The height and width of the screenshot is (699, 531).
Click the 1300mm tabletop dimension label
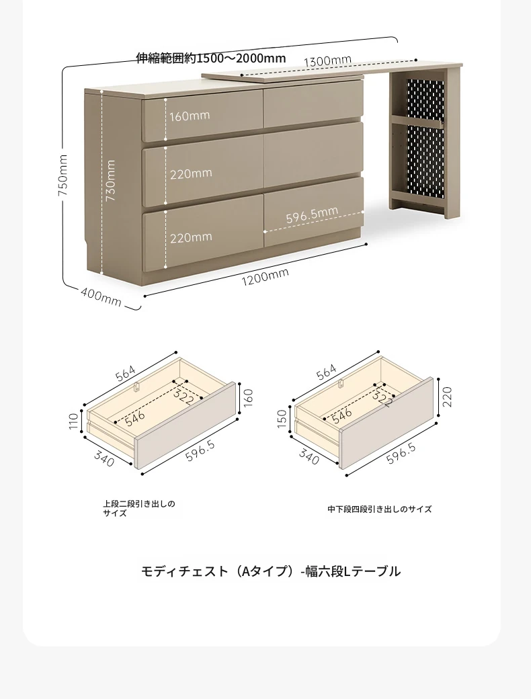[328, 60]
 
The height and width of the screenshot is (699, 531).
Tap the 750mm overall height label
[63, 175]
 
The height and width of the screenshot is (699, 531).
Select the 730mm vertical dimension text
[110, 181]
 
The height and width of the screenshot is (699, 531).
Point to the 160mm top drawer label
[190, 116]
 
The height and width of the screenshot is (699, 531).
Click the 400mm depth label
[101, 297]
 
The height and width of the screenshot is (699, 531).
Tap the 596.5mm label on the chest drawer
[312, 215]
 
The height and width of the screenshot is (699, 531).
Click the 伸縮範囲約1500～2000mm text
[211, 58]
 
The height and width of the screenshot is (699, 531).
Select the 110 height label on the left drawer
[74, 421]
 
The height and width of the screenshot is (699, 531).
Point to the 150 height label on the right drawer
[282, 419]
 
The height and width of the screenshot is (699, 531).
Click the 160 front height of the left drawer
[249, 398]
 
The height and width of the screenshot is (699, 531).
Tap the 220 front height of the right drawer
[447, 397]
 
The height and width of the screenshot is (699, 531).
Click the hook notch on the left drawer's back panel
[138, 386]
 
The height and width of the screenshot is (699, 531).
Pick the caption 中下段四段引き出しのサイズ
[379, 509]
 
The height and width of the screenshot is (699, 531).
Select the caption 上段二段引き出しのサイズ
[139, 509]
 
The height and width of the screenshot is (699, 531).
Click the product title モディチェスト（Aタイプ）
[220, 571]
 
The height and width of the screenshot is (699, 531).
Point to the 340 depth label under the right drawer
[309, 456]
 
